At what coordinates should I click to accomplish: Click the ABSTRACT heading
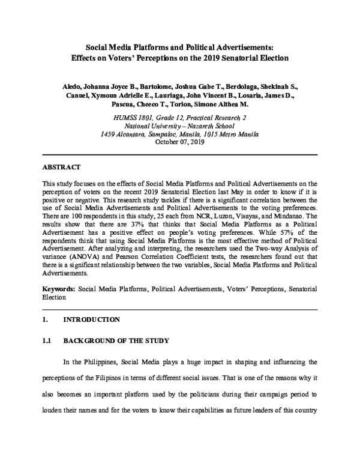pyautogui.click(x=62, y=165)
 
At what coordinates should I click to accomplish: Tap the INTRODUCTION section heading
pyautogui.click(x=91, y=319)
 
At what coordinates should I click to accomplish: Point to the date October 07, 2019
pyautogui.click(x=180, y=142)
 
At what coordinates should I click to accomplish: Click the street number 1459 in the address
pyautogui.click(x=109, y=135)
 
